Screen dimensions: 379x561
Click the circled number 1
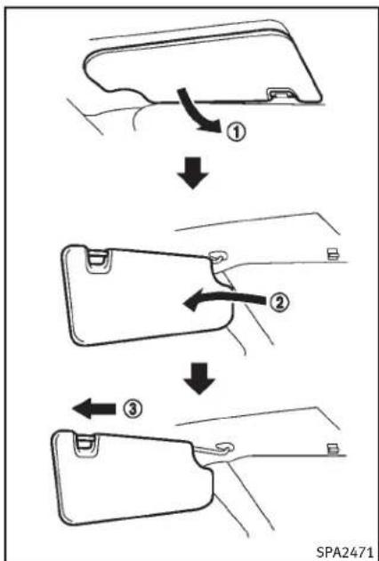[x=236, y=133]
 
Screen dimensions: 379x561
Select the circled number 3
[x=133, y=409]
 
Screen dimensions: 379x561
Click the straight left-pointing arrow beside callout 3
[x=94, y=409]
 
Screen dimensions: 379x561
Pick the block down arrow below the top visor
[x=192, y=173]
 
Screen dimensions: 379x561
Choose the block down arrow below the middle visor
[x=199, y=379]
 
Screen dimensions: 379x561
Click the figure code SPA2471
[x=346, y=550]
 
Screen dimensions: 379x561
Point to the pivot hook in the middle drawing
[x=217, y=256]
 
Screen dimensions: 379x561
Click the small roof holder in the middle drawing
[x=333, y=254]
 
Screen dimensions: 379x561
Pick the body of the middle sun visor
[x=143, y=297]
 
